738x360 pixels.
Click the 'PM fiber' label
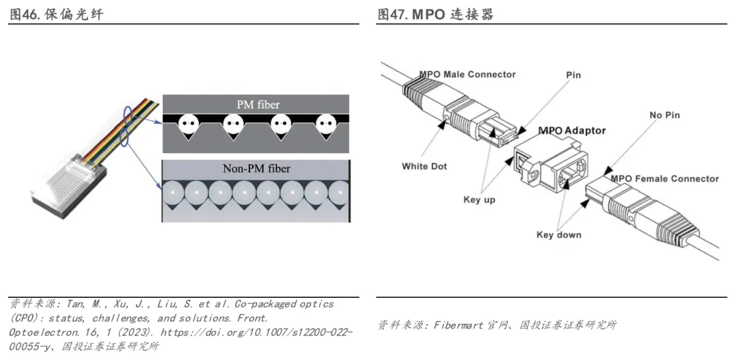(258, 105)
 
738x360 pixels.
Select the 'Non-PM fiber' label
(256, 168)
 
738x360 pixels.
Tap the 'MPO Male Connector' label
(467, 74)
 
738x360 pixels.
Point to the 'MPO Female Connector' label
(665, 179)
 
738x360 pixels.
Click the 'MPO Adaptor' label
(572, 130)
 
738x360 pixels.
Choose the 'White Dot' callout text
(424, 166)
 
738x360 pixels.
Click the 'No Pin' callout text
(665, 115)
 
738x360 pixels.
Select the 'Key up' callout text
(479, 199)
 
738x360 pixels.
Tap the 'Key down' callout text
(559, 235)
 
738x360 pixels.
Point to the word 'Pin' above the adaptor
(573, 75)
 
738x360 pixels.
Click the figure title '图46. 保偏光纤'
(57, 14)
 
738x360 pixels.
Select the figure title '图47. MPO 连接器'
(435, 14)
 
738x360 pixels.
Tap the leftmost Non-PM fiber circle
(173, 193)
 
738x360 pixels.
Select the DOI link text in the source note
(256, 332)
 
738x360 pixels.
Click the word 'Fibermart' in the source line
(456, 324)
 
